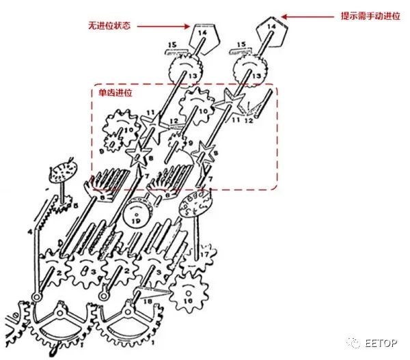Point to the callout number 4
(29, 232)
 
